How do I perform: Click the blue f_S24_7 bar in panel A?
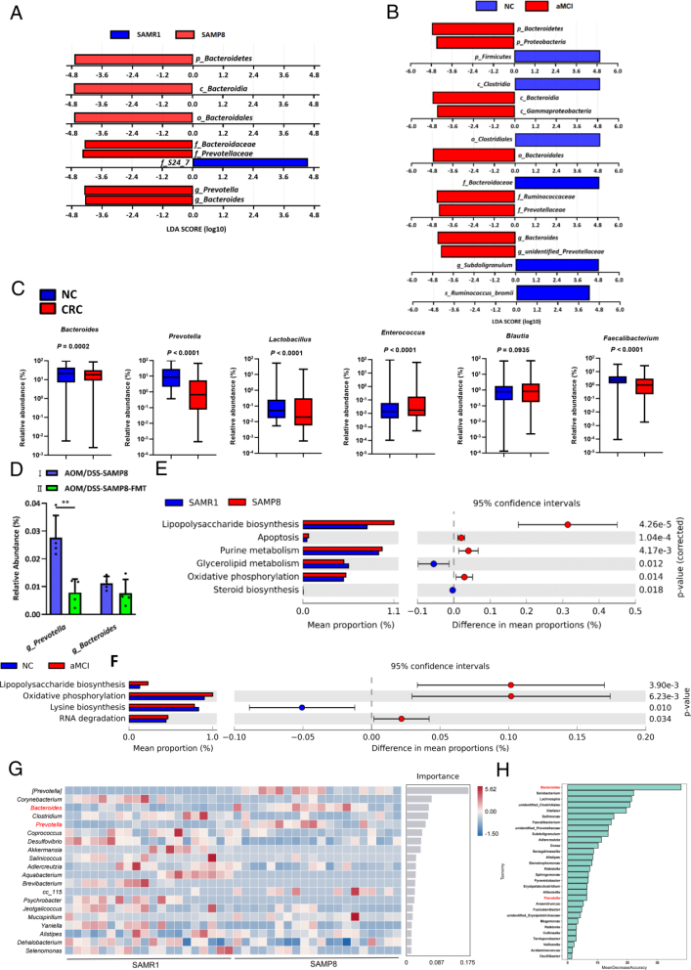coord(249,163)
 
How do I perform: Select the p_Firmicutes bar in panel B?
coord(557,57)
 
